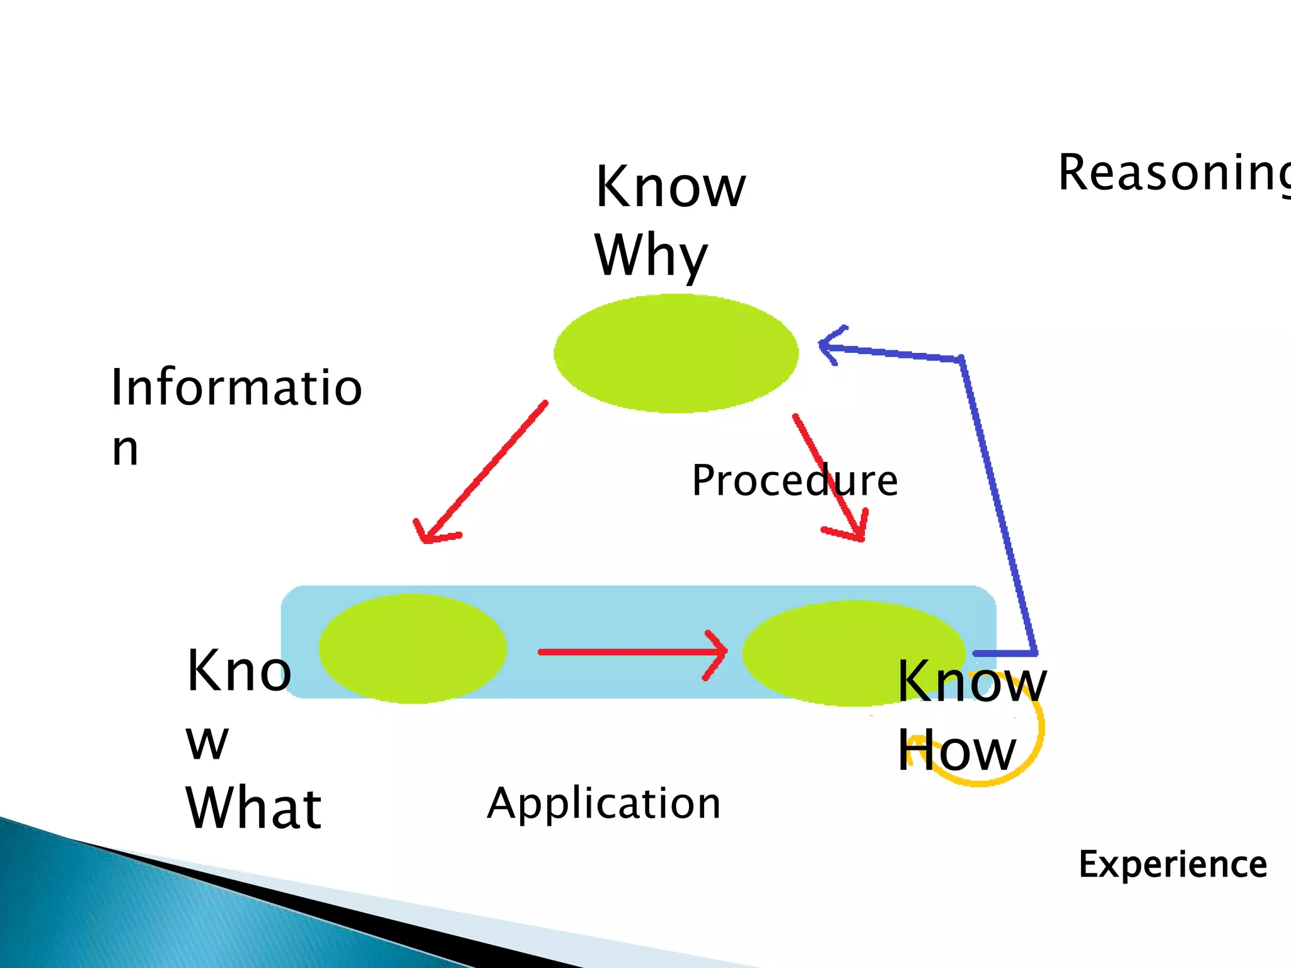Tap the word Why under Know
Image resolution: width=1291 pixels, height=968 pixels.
tap(651, 255)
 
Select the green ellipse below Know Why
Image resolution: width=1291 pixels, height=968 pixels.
tap(676, 354)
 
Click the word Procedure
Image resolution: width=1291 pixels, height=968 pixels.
tap(794, 481)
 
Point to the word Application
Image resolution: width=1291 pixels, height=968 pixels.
tap(603, 804)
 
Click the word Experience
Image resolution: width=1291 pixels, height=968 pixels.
tap(1172, 864)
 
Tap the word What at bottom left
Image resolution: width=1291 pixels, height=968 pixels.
tap(253, 809)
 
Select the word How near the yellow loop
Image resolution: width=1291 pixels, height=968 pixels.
tap(956, 750)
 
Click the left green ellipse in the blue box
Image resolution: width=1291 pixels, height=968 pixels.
tap(412, 648)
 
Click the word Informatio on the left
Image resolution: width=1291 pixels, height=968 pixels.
tap(236, 387)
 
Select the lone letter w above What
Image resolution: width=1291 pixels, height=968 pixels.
tap(207, 742)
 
